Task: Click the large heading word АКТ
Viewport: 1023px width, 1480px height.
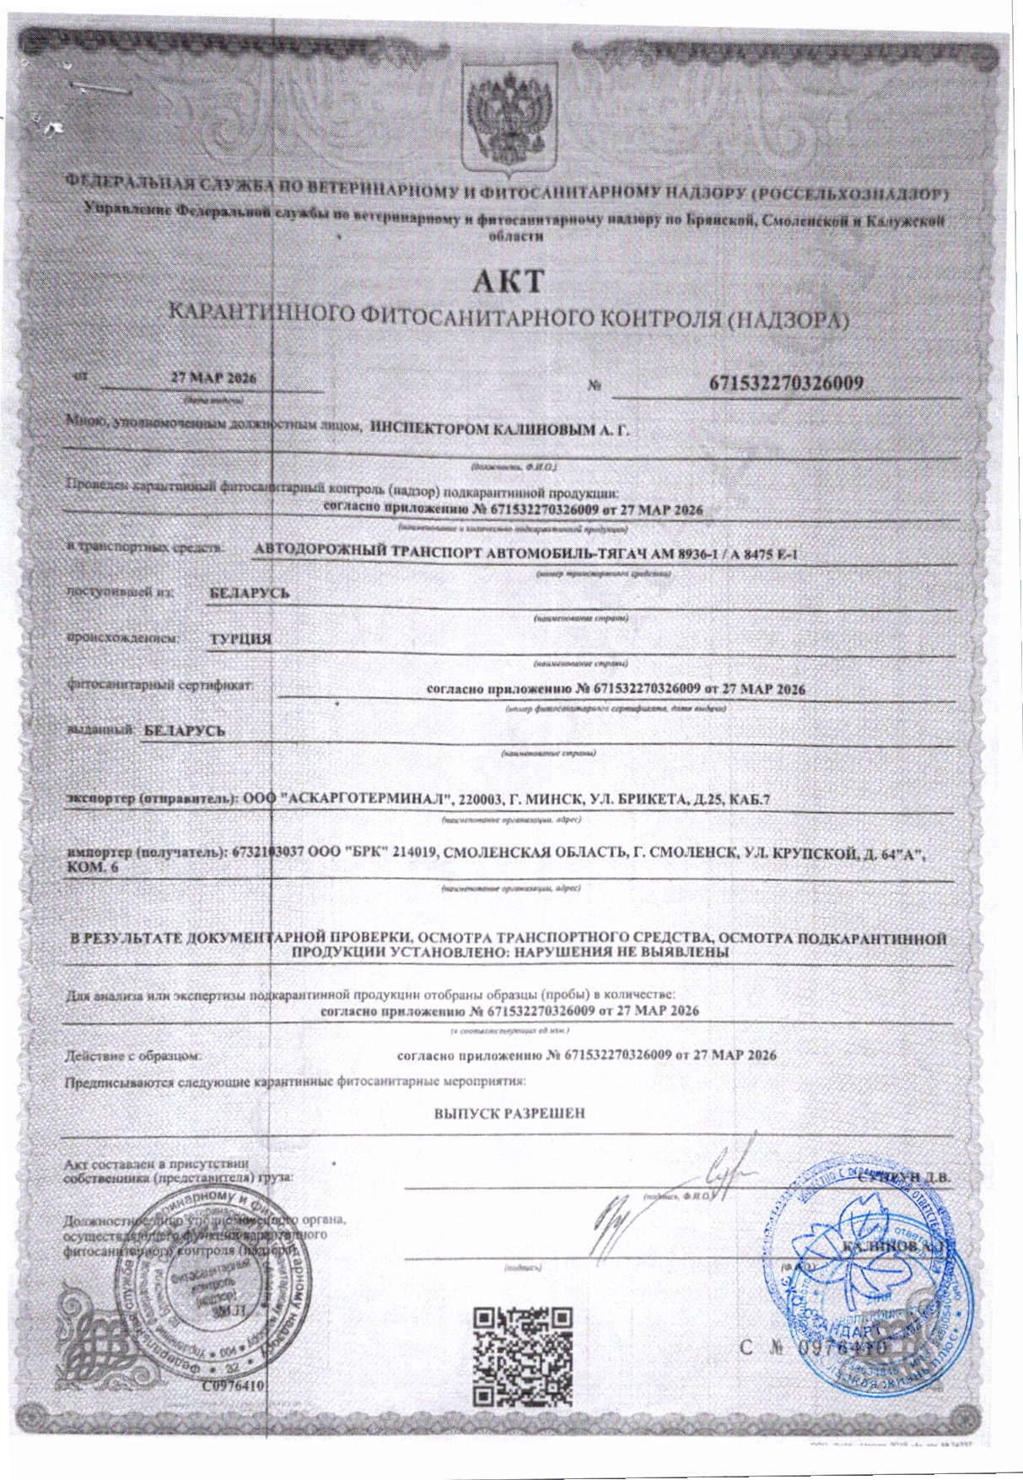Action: [509, 281]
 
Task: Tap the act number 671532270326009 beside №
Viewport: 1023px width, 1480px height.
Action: [785, 383]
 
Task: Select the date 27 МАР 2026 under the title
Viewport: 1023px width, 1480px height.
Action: [213, 378]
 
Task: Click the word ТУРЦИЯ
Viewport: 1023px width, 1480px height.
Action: [241, 639]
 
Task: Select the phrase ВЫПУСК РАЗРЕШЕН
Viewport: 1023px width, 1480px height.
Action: [509, 1113]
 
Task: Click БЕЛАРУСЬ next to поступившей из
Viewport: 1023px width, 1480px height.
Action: [250, 593]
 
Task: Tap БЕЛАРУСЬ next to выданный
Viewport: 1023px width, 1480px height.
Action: [185, 730]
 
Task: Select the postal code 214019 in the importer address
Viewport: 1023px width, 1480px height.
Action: [412, 853]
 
